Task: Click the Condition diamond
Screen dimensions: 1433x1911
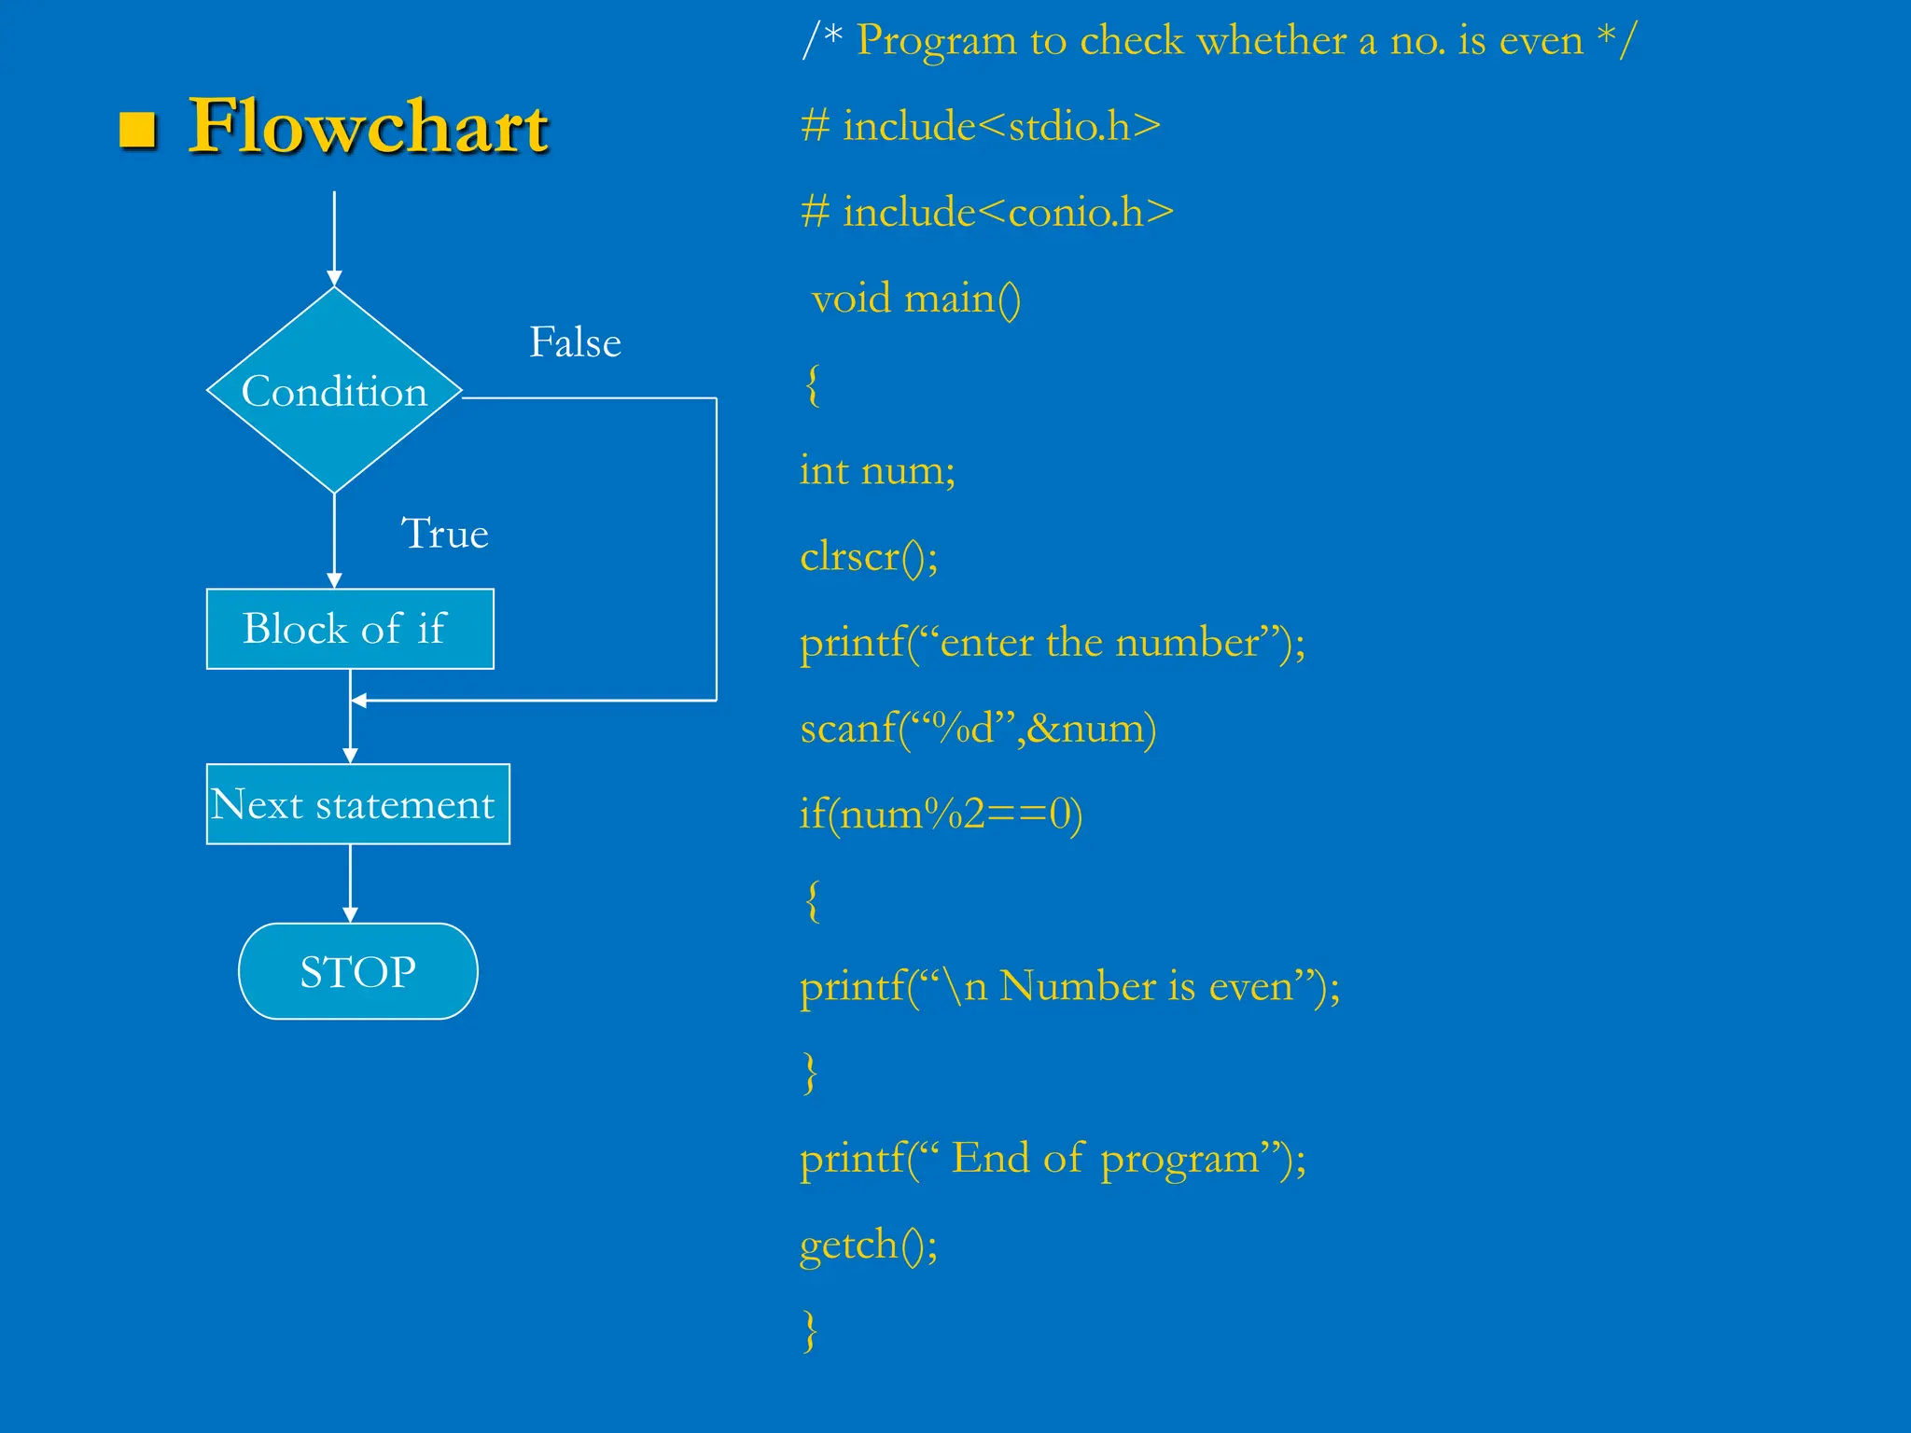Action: click(x=334, y=391)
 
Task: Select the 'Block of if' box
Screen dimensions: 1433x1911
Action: click(x=350, y=629)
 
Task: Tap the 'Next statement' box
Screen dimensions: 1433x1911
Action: click(x=357, y=804)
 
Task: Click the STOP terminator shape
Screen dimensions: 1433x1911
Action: click(x=358, y=971)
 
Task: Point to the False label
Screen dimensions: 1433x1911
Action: click(x=575, y=342)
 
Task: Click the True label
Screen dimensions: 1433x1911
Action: click(x=444, y=534)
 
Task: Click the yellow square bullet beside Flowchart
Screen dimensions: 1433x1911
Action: click(x=137, y=130)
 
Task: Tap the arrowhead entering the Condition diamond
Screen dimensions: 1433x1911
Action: click(x=334, y=278)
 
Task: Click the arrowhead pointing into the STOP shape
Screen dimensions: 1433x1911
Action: click(x=350, y=914)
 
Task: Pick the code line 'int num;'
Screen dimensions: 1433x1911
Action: click(x=877, y=470)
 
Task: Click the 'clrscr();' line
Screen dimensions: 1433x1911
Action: click(x=869, y=557)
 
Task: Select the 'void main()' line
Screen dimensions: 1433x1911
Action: click(x=915, y=299)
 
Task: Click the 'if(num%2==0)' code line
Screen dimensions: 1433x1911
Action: click(x=941, y=814)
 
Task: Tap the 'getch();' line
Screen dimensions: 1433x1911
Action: click(x=869, y=1245)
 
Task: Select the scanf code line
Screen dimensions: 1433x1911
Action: click(x=978, y=729)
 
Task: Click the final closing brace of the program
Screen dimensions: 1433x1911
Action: click(x=810, y=1330)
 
